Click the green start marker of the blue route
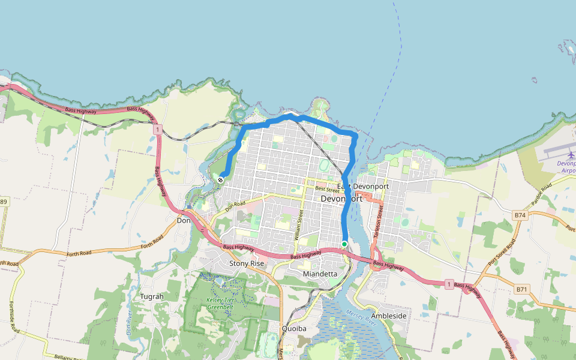tap(344, 244)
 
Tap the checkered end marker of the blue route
tap(221, 179)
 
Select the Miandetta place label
tap(320, 274)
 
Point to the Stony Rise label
tap(247, 263)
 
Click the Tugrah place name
tap(151, 296)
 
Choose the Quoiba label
tap(294, 328)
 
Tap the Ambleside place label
tap(389, 316)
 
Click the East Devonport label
tap(363, 187)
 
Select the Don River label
tap(130, 323)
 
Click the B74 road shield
tap(520, 214)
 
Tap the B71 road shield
tap(522, 289)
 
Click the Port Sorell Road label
tap(502, 253)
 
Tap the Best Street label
tap(327, 190)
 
